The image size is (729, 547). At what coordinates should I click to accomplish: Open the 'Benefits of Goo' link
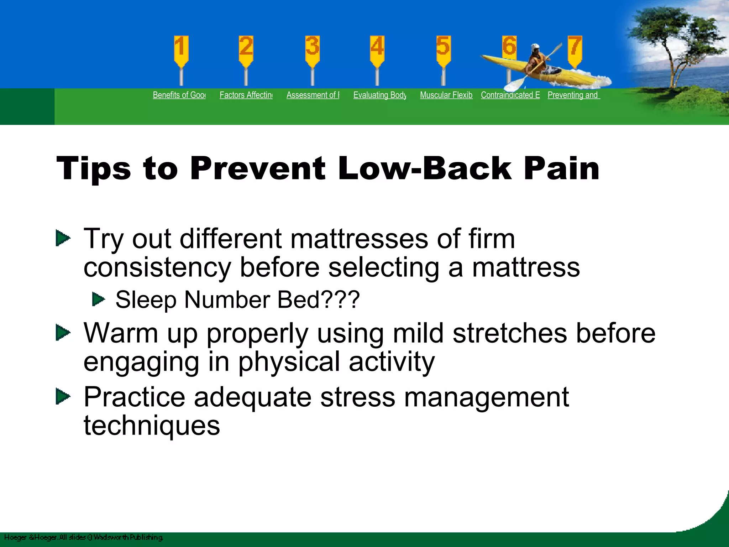coord(179,95)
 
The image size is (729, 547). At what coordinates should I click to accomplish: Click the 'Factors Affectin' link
coord(246,95)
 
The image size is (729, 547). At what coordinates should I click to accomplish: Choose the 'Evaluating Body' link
coord(379,95)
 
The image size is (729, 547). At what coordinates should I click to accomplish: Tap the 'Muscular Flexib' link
coord(446,95)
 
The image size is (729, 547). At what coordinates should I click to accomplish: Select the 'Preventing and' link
coord(573,95)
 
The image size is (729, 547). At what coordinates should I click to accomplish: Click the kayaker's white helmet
coord(535,47)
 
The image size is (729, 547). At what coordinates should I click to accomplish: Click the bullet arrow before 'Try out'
coord(63,238)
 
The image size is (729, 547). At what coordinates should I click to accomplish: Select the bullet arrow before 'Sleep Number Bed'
coord(99,299)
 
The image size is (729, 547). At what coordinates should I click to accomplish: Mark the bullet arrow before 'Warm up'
coord(63,333)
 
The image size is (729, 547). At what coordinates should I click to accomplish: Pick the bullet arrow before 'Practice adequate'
coord(63,397)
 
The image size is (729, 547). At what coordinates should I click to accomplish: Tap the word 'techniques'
coord(152,426)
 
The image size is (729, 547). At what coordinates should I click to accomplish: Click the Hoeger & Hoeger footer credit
coord(83,537)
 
